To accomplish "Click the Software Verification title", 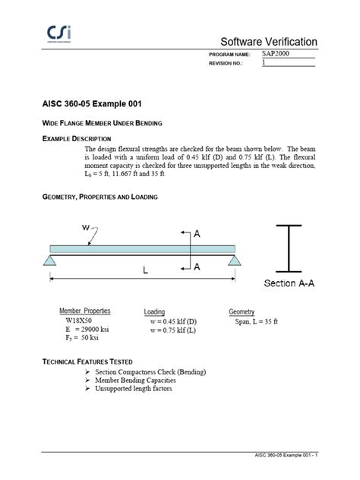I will pyautogui.click(x=268, y=41).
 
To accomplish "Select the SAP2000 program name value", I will pyautogui.click(x=276, y=55).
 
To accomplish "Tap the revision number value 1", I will pyautogui.click(x=264, y=64).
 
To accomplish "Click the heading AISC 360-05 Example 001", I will pyautogui.click(x=90, y=103).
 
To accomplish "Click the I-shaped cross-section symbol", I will pyautogui.click(x=289, y=248).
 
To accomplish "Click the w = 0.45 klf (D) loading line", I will pyautogui.click(x=173, y=322).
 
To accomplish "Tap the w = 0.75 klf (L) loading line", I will pyautogui.click(x=173, y=331).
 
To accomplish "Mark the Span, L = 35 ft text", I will pyautogui.click(x=256, y=322).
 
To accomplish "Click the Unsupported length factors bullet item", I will pyautogui.click(x=133, y=389).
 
